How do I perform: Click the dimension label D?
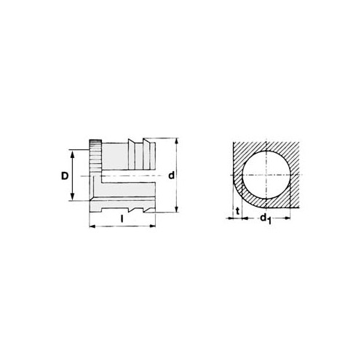coord(65,175)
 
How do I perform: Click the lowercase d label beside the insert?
coord(172,175)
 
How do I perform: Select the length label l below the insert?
coord(122,218)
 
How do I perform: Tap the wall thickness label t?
coord(238,211)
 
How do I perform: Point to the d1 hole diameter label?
coord(266,218)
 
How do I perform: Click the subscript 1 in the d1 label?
coord(269,221)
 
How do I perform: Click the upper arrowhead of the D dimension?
coord(72,153)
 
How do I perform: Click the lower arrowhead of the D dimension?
coord(72,197)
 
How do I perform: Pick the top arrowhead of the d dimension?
coord(177,141)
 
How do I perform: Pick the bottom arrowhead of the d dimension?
coord(177,209)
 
